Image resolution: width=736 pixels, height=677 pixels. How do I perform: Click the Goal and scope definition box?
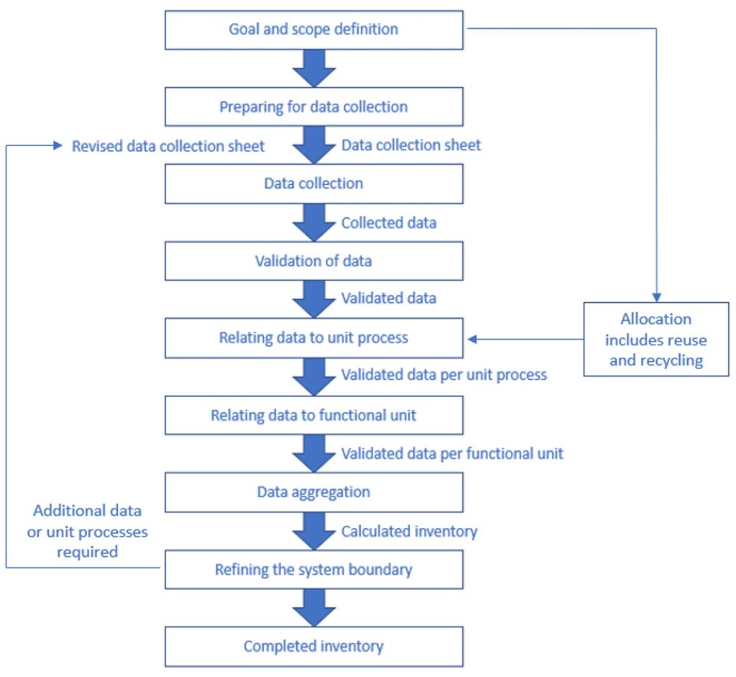[314, 30]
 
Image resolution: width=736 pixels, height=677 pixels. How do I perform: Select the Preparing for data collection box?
[314, 107]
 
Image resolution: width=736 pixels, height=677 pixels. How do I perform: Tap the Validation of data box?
[314, 261]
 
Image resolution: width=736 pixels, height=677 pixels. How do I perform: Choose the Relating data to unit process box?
[314, 338]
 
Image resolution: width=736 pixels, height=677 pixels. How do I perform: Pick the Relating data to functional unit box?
[314, 416]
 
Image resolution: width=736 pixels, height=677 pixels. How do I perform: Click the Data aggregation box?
[314, 493]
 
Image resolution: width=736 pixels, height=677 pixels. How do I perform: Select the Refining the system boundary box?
[314, 571]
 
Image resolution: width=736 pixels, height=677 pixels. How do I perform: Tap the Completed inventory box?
[314, 647]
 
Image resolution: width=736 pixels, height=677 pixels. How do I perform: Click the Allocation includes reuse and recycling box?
[655, 339]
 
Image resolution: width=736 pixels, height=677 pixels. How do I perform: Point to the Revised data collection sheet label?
[168, 146]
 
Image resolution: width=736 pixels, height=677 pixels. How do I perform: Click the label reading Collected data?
[389, 223]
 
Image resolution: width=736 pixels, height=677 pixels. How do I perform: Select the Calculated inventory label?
[409, 532]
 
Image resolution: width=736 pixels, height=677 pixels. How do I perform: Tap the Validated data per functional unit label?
[452, 454]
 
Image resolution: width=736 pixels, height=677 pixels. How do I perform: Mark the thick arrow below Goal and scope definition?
[314, 69]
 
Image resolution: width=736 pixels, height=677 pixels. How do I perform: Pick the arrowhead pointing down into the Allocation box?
[656, 296]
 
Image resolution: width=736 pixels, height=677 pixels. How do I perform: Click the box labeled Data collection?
[314, 184]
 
